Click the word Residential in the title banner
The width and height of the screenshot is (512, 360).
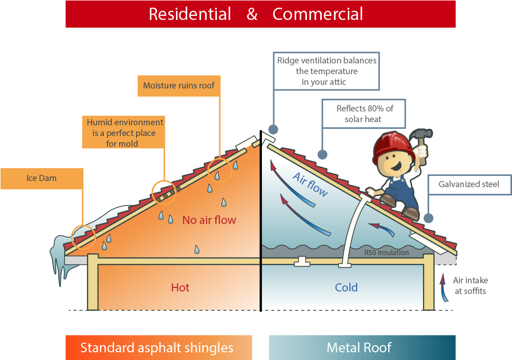190,14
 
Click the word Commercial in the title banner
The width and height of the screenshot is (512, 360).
318,14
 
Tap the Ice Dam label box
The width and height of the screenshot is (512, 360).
41,178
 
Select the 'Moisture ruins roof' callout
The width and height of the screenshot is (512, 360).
179,85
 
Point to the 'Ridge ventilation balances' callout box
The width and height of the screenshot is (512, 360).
326,71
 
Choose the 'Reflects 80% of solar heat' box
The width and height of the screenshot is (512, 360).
363,114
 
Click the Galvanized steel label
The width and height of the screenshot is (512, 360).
469,185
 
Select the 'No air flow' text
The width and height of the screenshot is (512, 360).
209,220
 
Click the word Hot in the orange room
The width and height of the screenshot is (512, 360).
180,287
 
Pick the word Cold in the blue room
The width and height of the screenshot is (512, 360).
346,287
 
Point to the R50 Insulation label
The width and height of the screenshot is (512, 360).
386,253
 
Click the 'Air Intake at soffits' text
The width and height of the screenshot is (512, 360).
470,286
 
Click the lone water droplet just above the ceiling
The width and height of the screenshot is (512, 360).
196,250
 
